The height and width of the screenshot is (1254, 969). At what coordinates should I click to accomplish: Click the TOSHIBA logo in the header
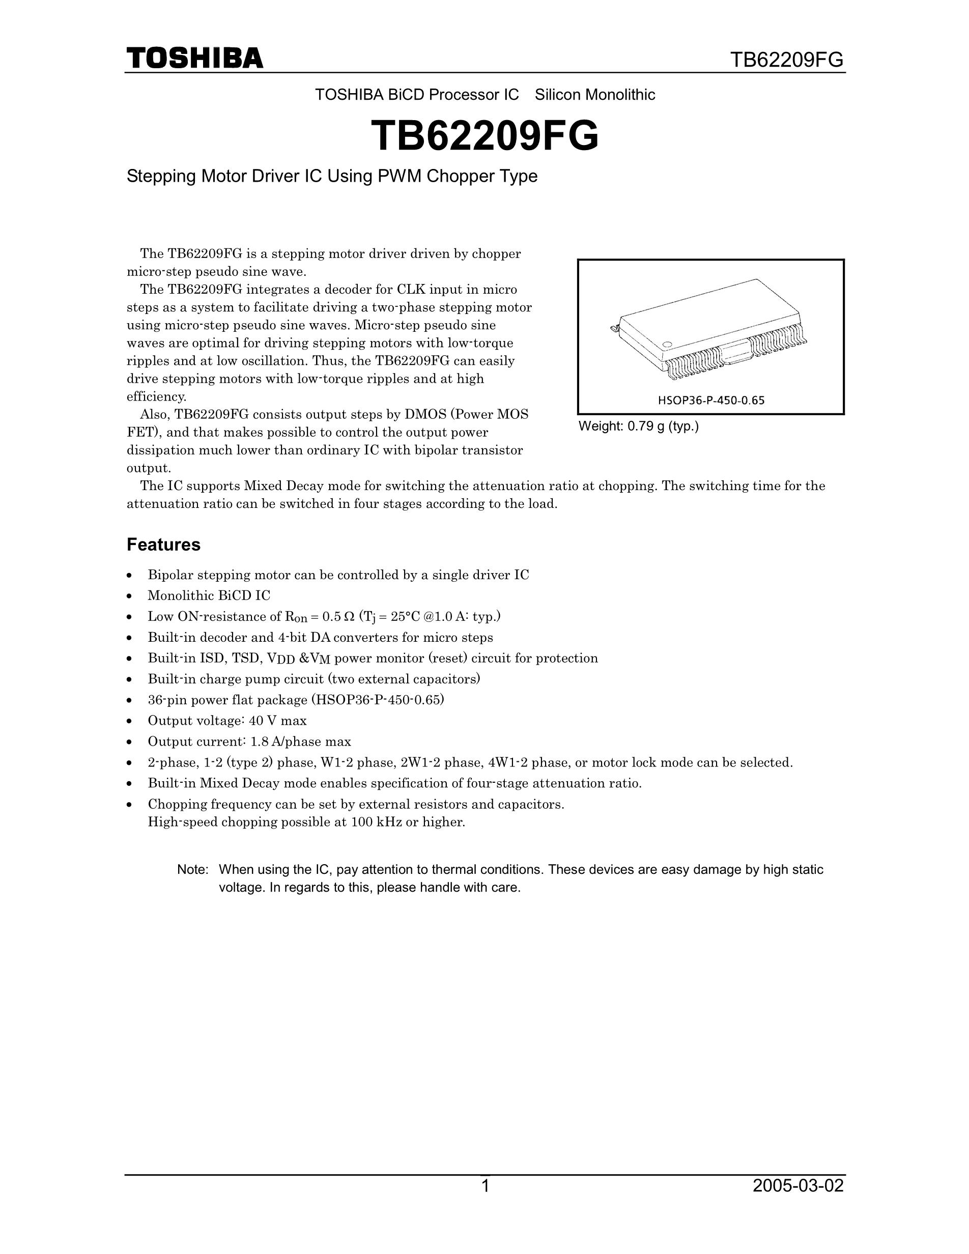(x=194, y=59)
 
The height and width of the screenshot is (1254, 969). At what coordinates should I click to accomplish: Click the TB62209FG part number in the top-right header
(x=786, y=60)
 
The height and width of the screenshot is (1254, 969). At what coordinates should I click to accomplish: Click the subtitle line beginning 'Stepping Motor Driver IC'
(x=332, y=176)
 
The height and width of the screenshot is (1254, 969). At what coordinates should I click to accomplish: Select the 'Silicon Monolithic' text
(x=595, y=95)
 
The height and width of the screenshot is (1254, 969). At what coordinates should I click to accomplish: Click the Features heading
(x=163, y=545)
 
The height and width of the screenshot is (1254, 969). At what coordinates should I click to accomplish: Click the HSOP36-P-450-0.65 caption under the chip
(x=710, y=400)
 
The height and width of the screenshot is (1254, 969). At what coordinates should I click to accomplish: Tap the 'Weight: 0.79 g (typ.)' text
(x=638, y=426)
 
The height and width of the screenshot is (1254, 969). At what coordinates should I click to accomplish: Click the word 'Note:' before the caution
(x=192, y=869)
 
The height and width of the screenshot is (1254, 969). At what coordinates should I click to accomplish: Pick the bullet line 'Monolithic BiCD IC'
(x=209, y=595)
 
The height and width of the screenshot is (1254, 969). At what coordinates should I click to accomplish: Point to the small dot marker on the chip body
(x=667, y=345)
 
